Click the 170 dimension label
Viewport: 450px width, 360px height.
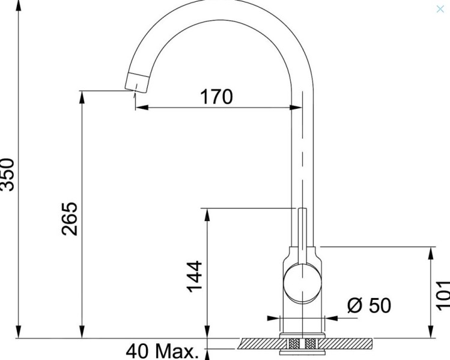217,96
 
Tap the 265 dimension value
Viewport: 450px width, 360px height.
69,219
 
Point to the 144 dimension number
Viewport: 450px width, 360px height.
194,276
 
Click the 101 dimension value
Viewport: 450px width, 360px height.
442,294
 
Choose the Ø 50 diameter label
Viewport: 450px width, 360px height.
369,305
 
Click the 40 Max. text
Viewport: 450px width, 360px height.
162,352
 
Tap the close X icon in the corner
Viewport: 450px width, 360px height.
440,8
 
